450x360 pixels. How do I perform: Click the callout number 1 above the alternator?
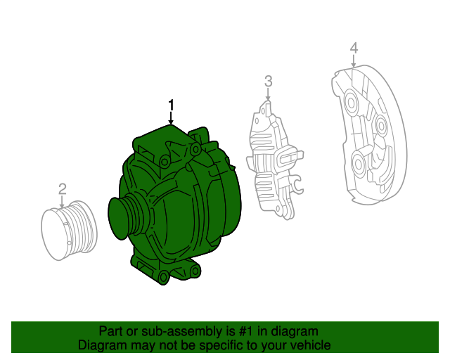coord(170,105)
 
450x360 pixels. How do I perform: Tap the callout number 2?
coord(62,188)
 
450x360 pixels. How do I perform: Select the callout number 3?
coord(268,82)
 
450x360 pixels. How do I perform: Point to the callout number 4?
coord(354,48)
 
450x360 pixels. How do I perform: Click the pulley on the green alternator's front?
coord(125,217)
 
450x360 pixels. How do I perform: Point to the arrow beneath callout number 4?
coord(354,63)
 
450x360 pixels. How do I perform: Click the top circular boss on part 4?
coord(352,101)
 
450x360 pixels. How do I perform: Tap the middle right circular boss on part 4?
coord(380,127)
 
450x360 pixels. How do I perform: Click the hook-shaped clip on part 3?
coord(297,187)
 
